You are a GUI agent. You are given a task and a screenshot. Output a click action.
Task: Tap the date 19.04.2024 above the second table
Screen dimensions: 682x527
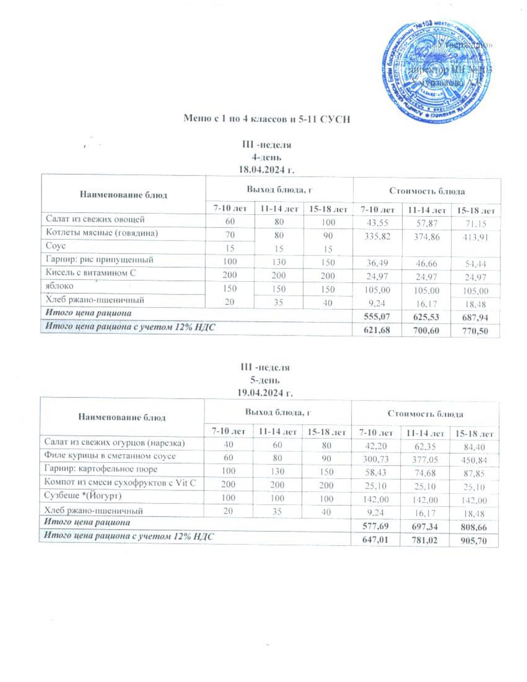coord(265,392)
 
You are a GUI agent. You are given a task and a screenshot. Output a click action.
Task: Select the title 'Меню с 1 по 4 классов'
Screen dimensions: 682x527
coord(267,119)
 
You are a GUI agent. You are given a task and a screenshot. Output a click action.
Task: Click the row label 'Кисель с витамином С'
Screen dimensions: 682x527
coord(91,273)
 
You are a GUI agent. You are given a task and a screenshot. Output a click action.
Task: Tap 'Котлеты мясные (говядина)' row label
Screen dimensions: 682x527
coord(102,233)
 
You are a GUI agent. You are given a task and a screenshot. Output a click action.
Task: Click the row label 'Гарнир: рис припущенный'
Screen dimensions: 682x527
coord(100,260)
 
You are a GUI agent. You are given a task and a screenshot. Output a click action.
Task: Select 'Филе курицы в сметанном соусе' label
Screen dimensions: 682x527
coord(110,456)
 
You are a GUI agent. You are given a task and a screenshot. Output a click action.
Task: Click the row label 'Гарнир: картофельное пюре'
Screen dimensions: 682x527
coord(101,470)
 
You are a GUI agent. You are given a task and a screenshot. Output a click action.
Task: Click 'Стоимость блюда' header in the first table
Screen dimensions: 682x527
coord(427,191)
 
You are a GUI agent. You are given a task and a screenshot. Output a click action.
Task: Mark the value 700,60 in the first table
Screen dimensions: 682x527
coord(426,331)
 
